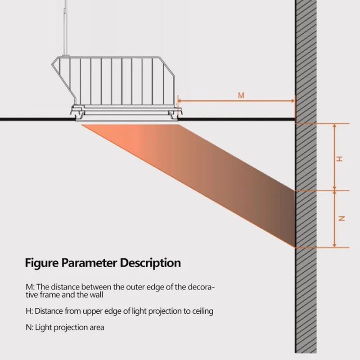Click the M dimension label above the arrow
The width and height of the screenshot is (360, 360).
(241, 95)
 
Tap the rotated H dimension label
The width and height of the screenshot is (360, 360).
(340, 158)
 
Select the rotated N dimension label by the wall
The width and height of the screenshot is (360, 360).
(341, 219)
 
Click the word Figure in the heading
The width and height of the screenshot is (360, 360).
(41, 262)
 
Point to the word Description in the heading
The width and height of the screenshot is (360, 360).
(150, 262)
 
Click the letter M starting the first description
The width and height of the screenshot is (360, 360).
(28, 287)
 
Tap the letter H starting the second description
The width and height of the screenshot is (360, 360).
(28, 311)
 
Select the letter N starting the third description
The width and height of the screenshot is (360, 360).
(28, 327)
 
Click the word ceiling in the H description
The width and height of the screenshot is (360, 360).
(202, 311)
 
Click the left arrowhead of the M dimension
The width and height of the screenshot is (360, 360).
(180, 101)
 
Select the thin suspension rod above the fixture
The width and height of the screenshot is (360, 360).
(67, 27)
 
